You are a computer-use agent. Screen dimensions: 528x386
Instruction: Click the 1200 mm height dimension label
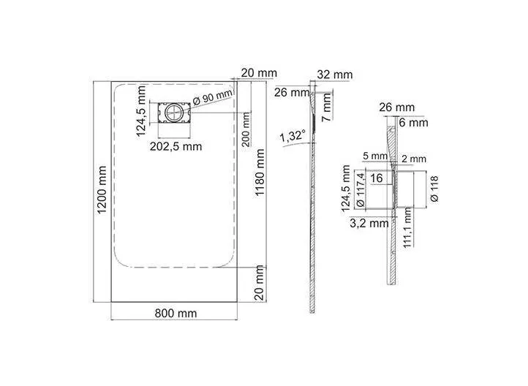pos(102,189)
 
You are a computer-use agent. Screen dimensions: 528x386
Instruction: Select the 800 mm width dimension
pos(176,314)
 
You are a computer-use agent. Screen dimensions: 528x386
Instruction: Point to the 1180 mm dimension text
pos(260,173)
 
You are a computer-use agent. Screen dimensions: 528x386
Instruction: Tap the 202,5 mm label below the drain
pos(176,146)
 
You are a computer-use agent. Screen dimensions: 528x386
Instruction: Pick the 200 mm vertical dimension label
pos(246,129)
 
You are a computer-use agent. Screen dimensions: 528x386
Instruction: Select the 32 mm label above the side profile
pos(335,75)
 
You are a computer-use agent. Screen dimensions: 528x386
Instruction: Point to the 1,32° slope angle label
pos(293,136)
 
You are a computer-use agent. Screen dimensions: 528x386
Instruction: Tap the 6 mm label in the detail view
pos(413,123)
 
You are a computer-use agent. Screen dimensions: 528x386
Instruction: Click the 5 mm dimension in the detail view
pos(375,156)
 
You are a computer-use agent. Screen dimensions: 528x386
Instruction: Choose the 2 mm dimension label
pos(414,159)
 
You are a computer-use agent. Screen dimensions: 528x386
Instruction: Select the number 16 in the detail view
pos(377,178)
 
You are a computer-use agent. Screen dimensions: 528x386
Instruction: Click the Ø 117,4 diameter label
pos(360,190)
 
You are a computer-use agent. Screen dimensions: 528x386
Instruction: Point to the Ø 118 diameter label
pos(434,189)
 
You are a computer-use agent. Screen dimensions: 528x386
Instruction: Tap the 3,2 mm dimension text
pos(369,223)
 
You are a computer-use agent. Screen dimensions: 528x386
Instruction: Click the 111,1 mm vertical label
pos(407,227)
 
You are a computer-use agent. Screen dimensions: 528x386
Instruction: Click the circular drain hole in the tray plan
pos(174,113)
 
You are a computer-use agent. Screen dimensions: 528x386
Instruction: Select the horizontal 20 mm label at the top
pos(259,72)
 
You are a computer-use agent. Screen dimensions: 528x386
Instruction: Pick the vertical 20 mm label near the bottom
pos(259,282)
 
